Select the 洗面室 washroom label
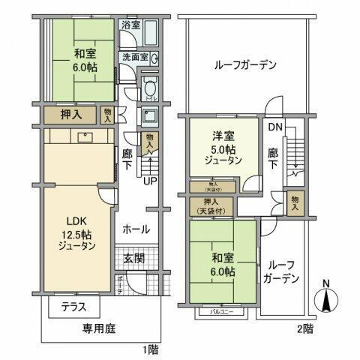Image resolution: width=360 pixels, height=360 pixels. coord(135,57)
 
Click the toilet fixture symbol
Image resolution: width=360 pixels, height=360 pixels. coord(148,87)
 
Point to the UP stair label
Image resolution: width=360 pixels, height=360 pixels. coord(150,181)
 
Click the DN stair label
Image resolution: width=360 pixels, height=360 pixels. coord(274,127)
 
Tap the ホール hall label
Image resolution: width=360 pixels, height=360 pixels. coord(135,229)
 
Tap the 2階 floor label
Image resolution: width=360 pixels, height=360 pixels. coord(304,328)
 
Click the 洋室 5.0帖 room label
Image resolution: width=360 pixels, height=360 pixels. coord(222,148)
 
